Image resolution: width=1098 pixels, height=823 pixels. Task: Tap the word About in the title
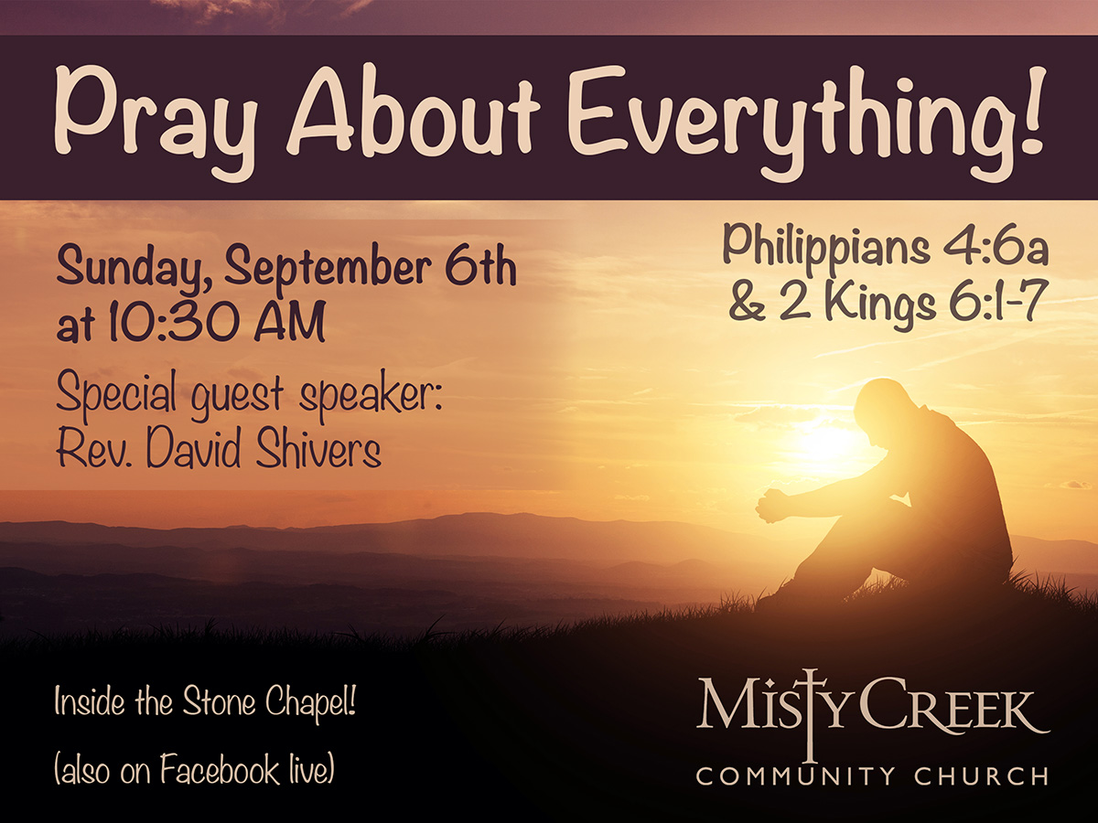pyautogui.click(x=414, y=107)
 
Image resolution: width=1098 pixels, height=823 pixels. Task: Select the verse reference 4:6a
pyautogui.click(x=996, y=249)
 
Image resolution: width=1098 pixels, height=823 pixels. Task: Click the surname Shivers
pyautogui.click(x=318, y=447)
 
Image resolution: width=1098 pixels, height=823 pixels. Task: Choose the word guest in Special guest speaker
pyautogui.click(x=238, y=394)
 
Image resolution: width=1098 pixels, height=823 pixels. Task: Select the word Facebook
pyautogui.click(x=220, y=770)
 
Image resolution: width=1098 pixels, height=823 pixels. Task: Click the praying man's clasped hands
pyautogui.click(x=770, y=506)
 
